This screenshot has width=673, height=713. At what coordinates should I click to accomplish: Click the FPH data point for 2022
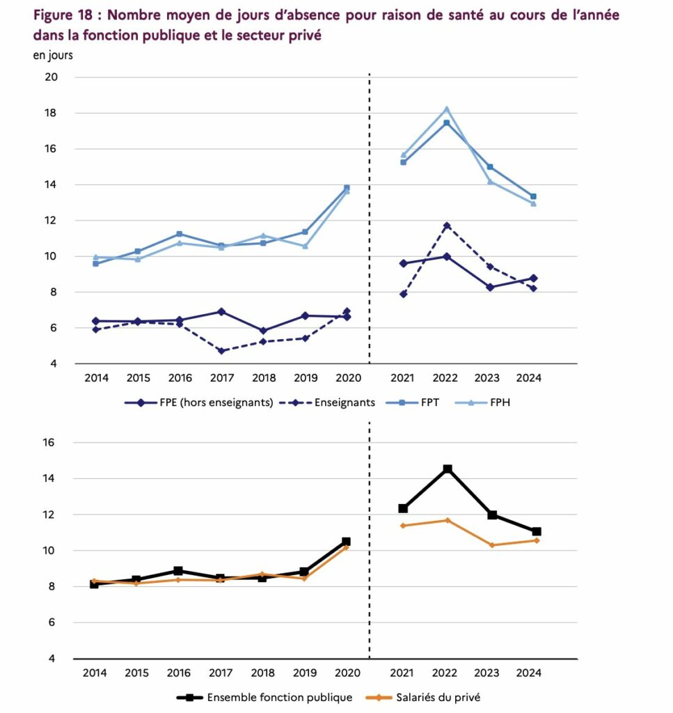[446, 109]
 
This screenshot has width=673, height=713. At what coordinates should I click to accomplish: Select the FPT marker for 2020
[347, 187]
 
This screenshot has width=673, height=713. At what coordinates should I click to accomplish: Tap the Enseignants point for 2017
[221, 351]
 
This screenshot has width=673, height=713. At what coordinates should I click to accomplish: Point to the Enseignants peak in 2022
[446, 226]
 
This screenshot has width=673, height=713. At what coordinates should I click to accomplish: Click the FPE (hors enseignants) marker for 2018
[263, 331]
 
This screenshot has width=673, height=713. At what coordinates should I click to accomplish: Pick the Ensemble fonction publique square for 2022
[447, 469]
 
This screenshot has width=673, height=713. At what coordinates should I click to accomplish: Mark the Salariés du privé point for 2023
[491, 545]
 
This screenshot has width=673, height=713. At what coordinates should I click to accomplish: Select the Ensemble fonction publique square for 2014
[94, 584]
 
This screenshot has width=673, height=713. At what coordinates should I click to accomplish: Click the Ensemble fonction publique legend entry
[279, 697]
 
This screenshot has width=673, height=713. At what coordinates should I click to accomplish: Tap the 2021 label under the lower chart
[402, 673]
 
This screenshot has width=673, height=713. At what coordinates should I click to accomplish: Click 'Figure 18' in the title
[63, 15]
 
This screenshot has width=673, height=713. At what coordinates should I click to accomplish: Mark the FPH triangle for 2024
[533, 203]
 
